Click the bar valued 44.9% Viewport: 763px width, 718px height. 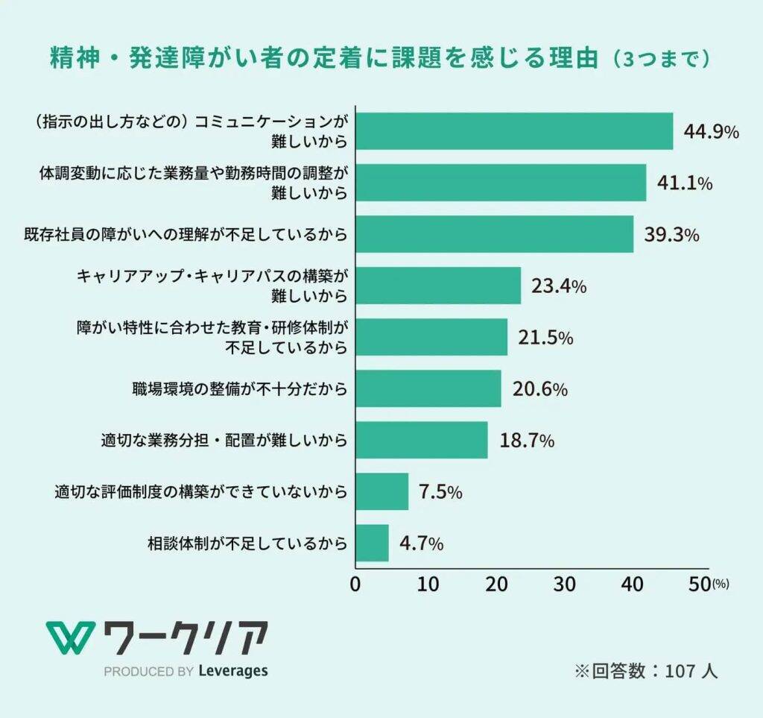pyautogui.click(x=514, y=131)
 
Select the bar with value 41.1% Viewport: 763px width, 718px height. pyautogui.click(x=501, y=183)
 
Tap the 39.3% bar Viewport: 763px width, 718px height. pyautogui.click(x=494, y=234)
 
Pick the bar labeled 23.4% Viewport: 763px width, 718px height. pyautogui.click(x=438, y=286)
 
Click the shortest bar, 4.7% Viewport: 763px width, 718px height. pyautogui.click(x=372, y=543)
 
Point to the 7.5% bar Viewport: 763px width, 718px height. pyautogui.click(x=381, y=491)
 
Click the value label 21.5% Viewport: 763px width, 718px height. pyautogui.click(x=545, y=338)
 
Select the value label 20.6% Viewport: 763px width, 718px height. pyautogui.click(x=540, y=388)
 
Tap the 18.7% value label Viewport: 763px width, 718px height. pyautogui.click(x=527, y=440)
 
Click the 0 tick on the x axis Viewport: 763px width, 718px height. pyautogui.click(x=355, y=585)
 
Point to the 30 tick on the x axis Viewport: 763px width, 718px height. pyautogui.click(x=565, y=585)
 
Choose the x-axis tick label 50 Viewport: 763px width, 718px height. pyautogui.click(x=700, y=585)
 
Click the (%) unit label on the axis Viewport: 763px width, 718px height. pyautogui.click(x=721, y=587)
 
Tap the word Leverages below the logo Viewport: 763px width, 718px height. pyautogui.click(x=233, y=671)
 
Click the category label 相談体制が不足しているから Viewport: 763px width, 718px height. pyautogui.click(x=247, y=544)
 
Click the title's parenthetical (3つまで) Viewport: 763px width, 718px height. pyautogui.click(x=659, y=59)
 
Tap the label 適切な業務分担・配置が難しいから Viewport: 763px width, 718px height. pyautogui.click(x=224, y=441)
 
